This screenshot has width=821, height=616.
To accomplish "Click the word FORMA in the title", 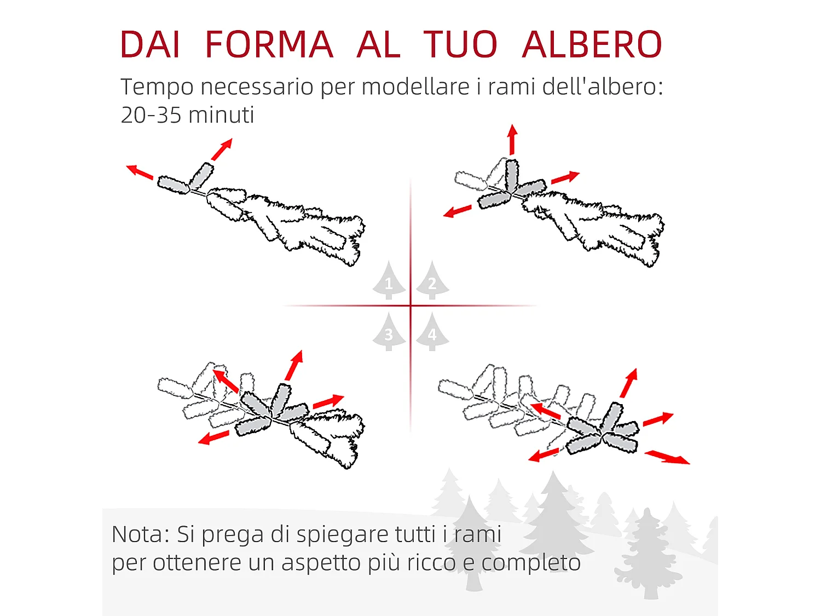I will (268, 44).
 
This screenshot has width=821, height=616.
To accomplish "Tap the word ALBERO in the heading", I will (592, 44).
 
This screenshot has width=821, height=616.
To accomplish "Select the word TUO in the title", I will (460, 44).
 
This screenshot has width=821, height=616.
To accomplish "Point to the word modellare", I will (415, 87).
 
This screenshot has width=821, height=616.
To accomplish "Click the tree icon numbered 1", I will (389, 281).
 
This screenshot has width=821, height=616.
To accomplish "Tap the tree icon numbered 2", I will (432, 281).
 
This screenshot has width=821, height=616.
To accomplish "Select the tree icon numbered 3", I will (389, 332).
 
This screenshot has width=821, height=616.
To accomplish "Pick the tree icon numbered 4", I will (432, 332).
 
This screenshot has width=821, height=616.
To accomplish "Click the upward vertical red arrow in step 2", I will (512, 140).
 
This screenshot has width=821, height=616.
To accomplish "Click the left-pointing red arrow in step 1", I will (140, 172).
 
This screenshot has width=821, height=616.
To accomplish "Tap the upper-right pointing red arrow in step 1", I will (222, 149).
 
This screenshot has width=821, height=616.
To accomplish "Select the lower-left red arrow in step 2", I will (458, 211).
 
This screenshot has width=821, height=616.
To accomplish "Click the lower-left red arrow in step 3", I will (213, 437).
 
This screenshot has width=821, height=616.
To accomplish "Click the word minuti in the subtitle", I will (221, 116).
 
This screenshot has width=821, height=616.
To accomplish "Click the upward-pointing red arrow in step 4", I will (629, 383).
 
